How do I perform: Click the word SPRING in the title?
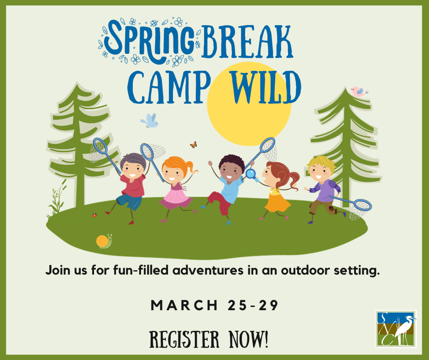[x=149, y=42]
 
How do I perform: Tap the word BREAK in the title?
[x=246, y=42]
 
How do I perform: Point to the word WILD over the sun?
[x=266, y=87]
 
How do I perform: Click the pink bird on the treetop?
[x=359, y=91]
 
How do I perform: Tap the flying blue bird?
[x=150, y=121]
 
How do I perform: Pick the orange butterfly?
[x=194, y=145]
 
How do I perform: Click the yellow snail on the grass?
[x=104, y=241]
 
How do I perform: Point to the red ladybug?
[x=94, y=215]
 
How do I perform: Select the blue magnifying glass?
[x=251, y=175]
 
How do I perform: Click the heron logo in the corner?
[x=396, y=329]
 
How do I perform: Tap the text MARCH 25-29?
[x=215, y=305]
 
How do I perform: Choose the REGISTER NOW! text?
[x=209, y=339]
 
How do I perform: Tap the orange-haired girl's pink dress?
[x=175, y=197]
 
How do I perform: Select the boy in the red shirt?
[x=131, y=186]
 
